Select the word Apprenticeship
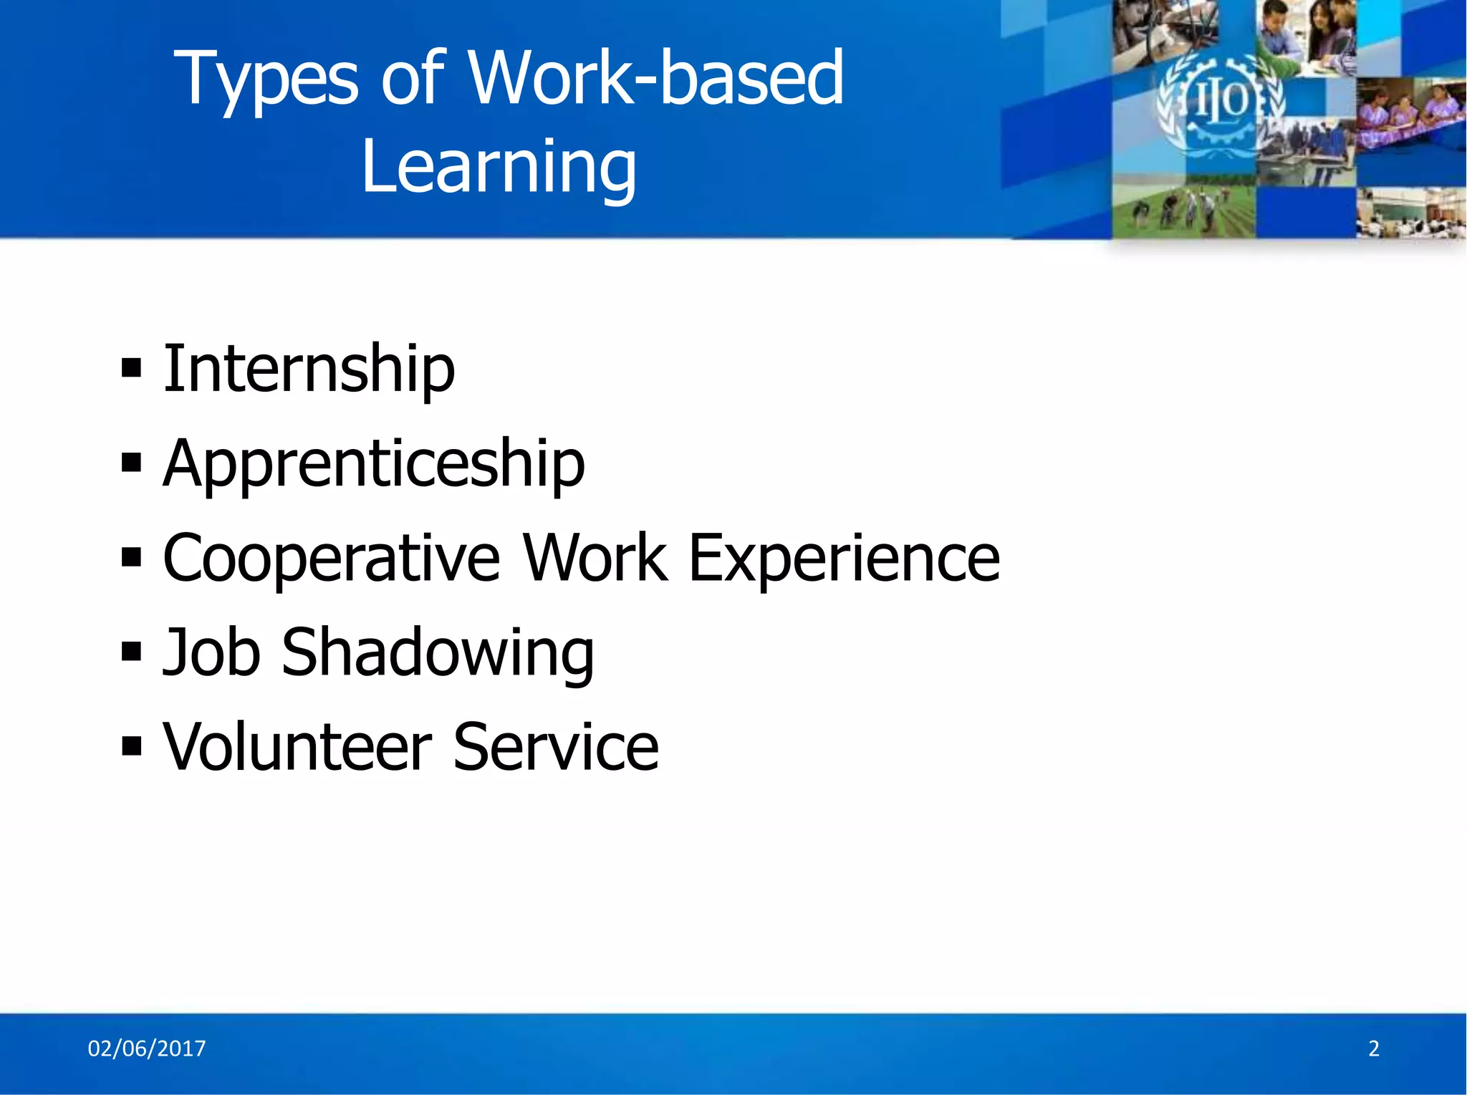pos(373,463)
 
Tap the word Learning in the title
pos(499,166)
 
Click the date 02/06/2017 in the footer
pos(146,1048)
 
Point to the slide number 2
pos(1374,1048)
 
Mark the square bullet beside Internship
pos(131,368)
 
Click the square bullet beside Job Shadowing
pos(131,652)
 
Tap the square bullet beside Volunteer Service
pos(131,747)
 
